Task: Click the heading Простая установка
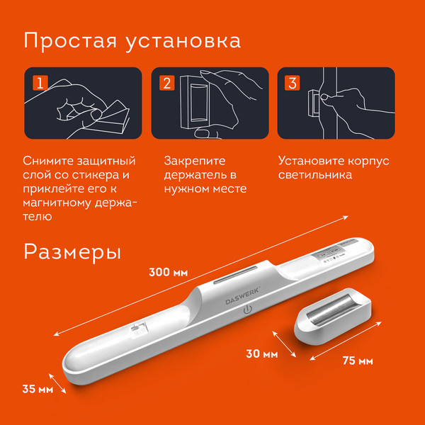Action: click(132, 40)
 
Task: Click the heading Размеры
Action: click(72, 251)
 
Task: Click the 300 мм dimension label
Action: click(170, 272)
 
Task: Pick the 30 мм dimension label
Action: click(261, 352)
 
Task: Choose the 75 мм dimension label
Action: click(357, 361)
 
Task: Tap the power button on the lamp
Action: click(247, 310)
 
